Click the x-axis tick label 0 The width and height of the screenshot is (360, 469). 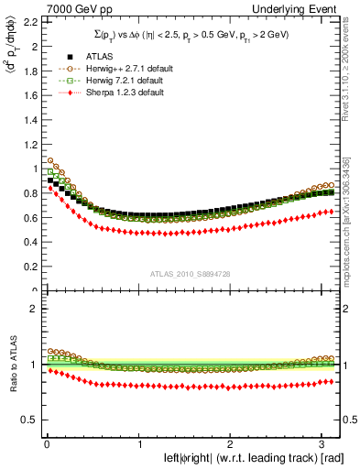click(x=46, y=444)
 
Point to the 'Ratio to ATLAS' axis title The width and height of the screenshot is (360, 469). click(x=11, y=365)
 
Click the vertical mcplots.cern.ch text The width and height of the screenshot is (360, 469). click(x=350, y=211)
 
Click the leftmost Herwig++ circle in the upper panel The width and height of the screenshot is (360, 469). click(x=50, y=162)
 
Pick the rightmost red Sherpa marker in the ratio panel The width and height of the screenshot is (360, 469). click(x=333, y=381)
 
